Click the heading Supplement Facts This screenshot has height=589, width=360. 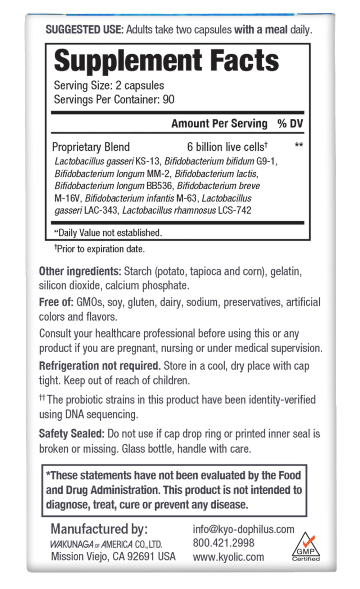[166, 60]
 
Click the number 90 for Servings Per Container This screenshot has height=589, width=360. [168, 100]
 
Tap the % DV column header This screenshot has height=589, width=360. [290, 124]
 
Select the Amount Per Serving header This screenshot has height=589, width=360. [219, 124]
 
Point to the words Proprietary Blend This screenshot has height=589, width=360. [91, 147]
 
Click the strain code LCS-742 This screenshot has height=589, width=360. [234, 210]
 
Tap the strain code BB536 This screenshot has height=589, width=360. [159, 186]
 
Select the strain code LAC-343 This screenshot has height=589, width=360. [101, 210]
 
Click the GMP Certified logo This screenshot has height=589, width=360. [306, 547]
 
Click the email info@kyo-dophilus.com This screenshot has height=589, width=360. [243, 529]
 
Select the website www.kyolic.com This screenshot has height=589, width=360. [228, 557]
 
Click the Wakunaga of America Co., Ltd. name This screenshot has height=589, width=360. [106, 544]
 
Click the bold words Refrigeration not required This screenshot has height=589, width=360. [99, 366]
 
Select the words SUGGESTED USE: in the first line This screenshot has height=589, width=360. [84, 30]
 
